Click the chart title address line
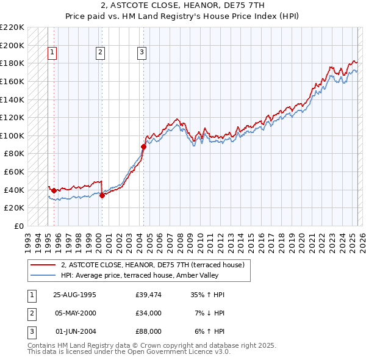tap(182, 5)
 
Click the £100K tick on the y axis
tap(12, 135)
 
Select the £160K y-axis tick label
tap(12, 81)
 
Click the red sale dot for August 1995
tap(54, 190)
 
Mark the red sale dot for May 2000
tap(102, 195)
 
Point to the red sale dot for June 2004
tap(144, 146)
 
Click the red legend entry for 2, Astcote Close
tap(152, 265)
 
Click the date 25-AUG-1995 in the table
tap(74, 295)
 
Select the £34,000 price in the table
tap(149, 313)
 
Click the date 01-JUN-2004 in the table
tap(76, 331)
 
